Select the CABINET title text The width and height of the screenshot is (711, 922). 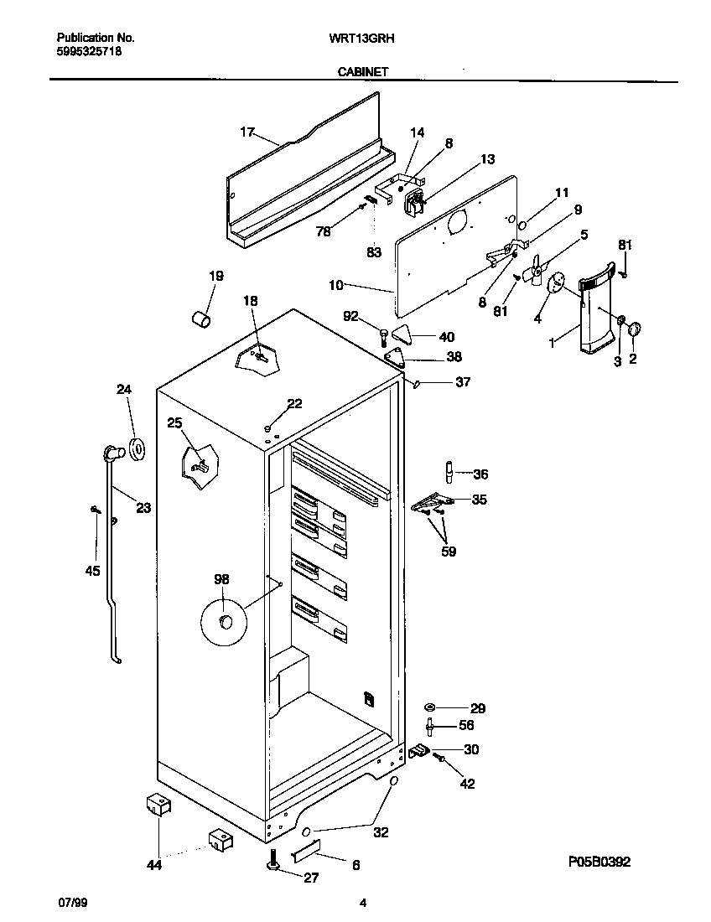(x=361, y=73)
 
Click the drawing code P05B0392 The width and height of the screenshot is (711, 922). (x=599, y=861)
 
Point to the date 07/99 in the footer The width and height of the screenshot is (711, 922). (x=72, y=903)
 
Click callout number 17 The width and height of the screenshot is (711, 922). (x=247, y=132)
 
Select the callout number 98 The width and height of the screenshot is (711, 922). (x=221, y=579)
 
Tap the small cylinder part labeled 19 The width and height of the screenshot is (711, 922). (x=200, y=319)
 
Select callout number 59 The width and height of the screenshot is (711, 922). (x=449, y=552)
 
